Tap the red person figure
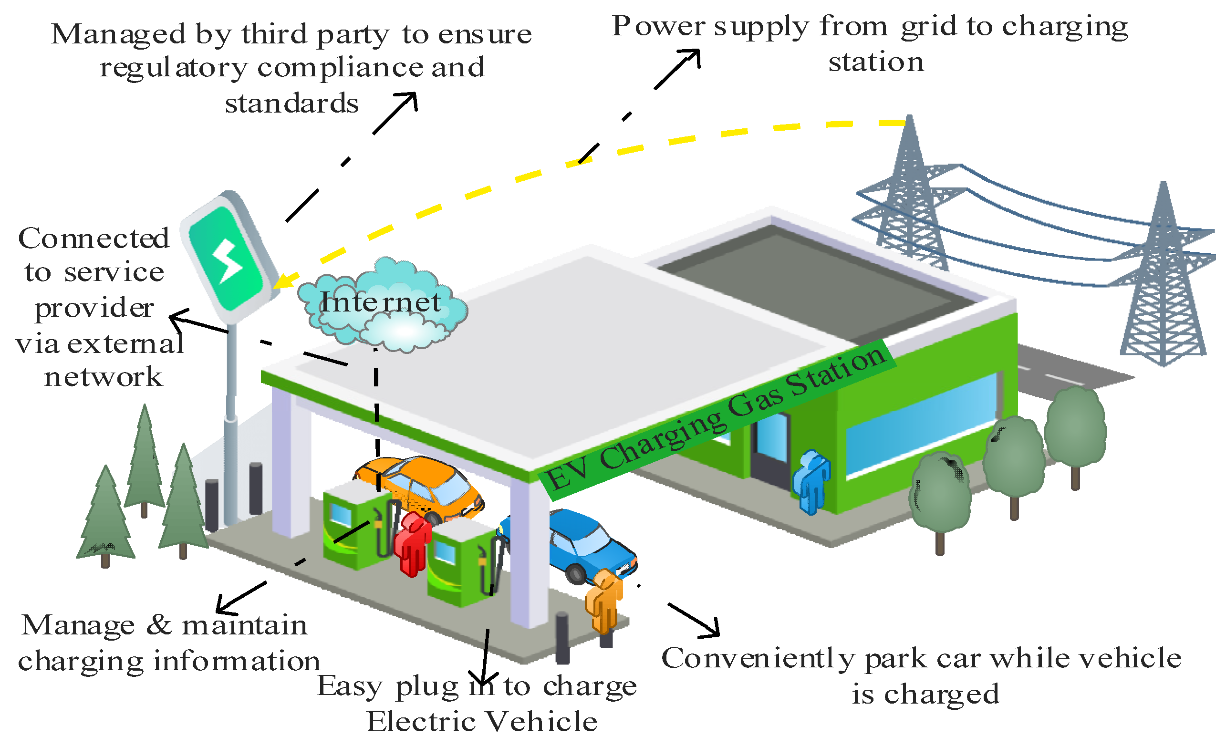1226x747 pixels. pos(412,543)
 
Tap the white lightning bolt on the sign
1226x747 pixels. pos(228,260)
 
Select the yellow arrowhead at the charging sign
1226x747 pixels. pos(285,280)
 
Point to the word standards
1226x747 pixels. pos(292,104)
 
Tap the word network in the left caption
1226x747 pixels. pos(104,377)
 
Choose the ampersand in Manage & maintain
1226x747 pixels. pos(159,624)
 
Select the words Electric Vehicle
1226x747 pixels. pos(482,722)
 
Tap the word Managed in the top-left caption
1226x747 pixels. pos(119,34)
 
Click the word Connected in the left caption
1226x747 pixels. pos(94,238)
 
